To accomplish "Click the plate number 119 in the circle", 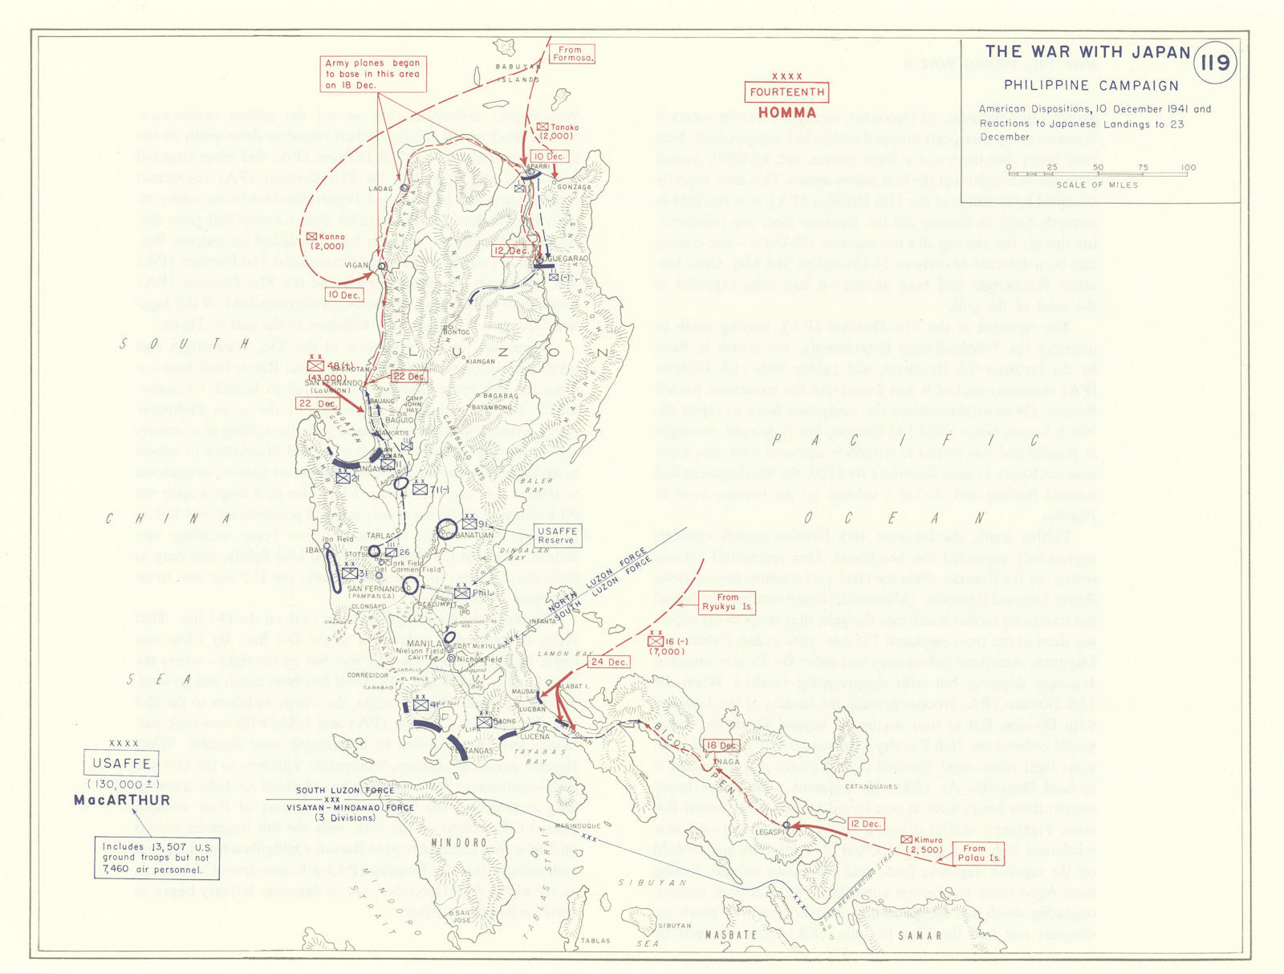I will (1214, 62).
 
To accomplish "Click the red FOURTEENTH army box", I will (786, 92).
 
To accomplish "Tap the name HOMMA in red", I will (786, 112).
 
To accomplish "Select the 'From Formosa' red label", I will (572, 54).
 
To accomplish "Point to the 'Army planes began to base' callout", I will (372, 74).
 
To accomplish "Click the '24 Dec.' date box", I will (609, 662).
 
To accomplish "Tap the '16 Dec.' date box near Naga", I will (721, 745).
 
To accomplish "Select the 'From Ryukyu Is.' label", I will (727, 602).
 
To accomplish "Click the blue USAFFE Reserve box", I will (557, 536).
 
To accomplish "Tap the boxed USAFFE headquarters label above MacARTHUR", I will (121, 763).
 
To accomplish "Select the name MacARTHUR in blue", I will (122, 800).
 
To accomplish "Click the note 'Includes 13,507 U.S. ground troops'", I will (156, 858).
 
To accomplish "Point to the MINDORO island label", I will (458, 842).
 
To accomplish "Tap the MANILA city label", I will (425, 643).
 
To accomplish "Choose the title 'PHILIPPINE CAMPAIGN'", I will (1091, 85).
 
